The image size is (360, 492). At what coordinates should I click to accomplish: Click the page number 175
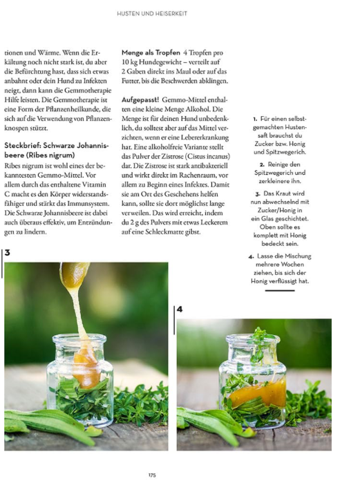click(152, 475)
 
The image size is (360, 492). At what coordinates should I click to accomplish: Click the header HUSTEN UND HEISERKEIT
click(152, 14)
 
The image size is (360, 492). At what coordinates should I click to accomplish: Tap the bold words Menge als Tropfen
click(151, 53)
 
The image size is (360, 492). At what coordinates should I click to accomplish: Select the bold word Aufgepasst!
click(140, 100)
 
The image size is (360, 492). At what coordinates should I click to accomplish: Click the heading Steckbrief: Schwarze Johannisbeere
click(57, 150)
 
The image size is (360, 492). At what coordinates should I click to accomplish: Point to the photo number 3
click(7, 253)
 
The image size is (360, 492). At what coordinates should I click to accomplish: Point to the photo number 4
click(180, 309)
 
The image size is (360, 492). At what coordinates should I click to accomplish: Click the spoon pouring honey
click(75, 275)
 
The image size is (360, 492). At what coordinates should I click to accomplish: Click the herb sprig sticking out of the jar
click(259, 343)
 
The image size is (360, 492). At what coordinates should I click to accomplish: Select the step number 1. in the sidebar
click(255, 119)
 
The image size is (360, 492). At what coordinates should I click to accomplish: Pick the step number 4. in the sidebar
click(251, 256)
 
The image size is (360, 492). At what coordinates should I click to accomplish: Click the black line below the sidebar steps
click(280, 290)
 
